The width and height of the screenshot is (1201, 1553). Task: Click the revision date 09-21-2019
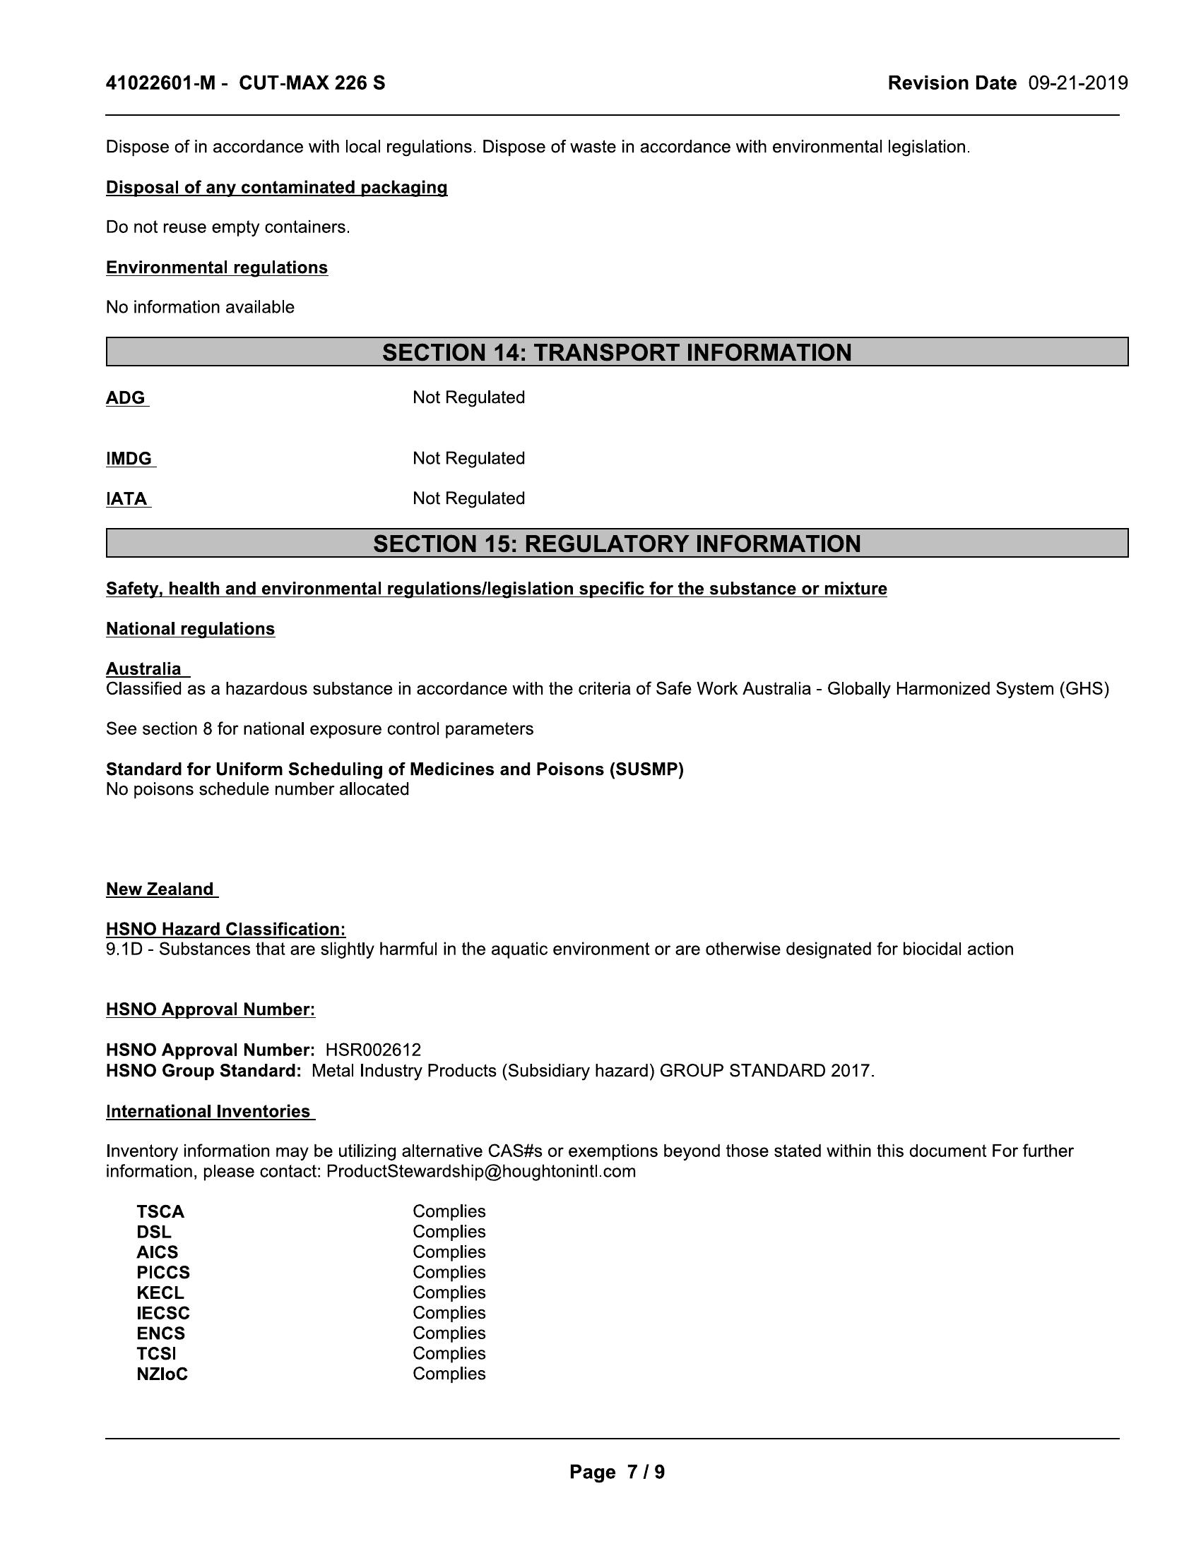(x=1077, y=83)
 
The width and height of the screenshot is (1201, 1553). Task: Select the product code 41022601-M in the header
(x=160, y=83)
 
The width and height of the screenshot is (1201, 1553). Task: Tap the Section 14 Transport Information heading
(x=616, y=353)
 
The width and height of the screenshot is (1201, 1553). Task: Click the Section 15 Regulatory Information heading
(x=616, y=544)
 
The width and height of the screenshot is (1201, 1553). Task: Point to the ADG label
(x=126, y=397)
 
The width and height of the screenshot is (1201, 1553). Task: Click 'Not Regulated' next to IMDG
(x=468, y=459)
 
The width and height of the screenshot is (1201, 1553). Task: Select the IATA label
(x=126, y=498)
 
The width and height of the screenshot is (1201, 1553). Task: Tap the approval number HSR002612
(x=373, y=1050)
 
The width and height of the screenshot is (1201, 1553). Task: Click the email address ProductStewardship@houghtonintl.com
(x=480, y=1171)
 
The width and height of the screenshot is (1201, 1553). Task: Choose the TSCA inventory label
(x=160, y=1211)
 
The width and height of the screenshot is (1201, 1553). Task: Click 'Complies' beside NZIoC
(x=448, y=1374)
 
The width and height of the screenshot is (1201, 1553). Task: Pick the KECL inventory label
(x=160, y=1293)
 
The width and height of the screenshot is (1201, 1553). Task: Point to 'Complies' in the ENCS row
(x=448, y=1333)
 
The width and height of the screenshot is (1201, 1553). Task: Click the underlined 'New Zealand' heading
(x=160, y=889)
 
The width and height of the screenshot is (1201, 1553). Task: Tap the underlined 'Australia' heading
(x=143, y=669)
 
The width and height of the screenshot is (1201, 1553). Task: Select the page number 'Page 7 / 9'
(x=616, y=1472)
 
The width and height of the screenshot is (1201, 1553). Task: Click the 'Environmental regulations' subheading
(x=216, y=268)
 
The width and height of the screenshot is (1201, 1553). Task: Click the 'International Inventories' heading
(x=208, y=1111)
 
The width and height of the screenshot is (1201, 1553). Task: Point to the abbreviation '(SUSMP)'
(x=646, y=769)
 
